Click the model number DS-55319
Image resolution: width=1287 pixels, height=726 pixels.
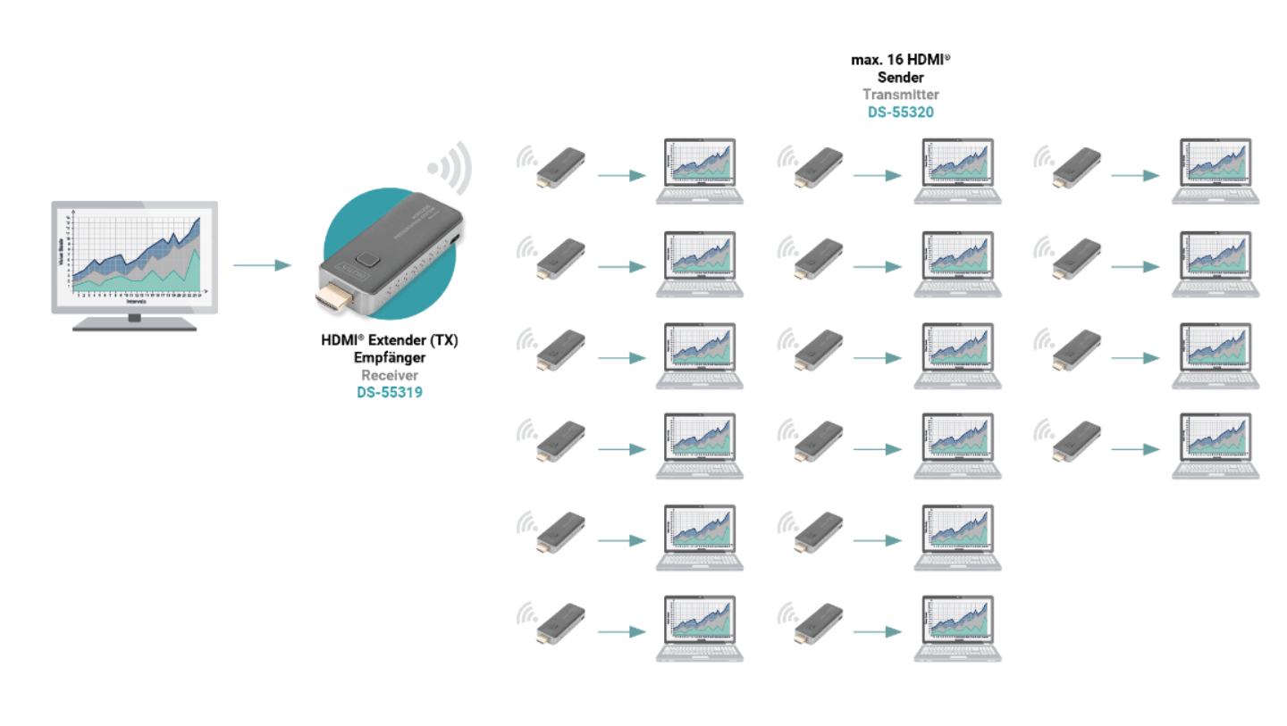click(390, 391)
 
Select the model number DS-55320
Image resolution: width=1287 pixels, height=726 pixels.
click(901, 112)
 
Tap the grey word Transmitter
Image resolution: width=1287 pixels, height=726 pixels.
click(901, 94)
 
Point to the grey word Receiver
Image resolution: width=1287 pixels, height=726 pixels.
click(390, 375)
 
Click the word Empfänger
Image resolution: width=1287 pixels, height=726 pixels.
click(390, 358)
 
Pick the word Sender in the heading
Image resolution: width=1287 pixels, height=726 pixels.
click(901, 77)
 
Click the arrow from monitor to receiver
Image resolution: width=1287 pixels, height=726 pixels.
click(262, 265)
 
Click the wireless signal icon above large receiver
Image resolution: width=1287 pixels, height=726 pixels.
click(450, 167)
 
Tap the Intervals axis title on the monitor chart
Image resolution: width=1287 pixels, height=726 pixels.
click(136, 302)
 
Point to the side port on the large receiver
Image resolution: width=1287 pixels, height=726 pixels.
click(455, 239)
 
